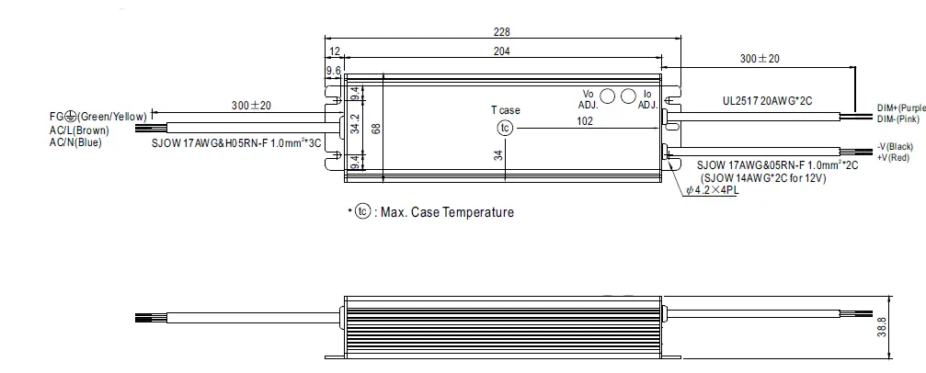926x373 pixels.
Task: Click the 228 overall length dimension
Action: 501,31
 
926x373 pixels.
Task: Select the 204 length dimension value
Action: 501,52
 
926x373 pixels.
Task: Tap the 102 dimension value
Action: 583,119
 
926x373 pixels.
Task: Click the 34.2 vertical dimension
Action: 355,128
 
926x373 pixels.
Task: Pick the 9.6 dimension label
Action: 333,70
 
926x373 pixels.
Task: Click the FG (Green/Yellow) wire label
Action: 98,117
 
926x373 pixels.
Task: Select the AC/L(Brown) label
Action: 80,130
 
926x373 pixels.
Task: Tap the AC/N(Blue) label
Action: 75,142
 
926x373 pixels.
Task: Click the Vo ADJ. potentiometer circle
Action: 607,96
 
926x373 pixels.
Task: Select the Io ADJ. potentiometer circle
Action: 629,96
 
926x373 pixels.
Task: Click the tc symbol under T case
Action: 503,128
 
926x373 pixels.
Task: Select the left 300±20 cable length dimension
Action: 251,107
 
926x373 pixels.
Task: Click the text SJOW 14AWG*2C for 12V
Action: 763,178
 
